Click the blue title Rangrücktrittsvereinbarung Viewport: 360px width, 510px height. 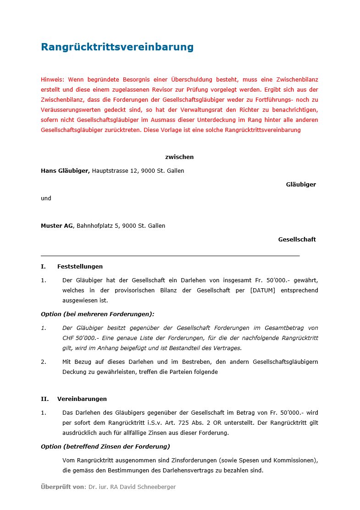[117, 47]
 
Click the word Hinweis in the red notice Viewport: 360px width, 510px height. [52, 79]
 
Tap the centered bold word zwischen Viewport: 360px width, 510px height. [179, 157]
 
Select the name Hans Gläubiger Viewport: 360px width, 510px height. [65, 171]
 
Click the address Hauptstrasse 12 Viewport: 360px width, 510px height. [116, 171]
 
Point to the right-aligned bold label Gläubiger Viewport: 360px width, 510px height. [301, 185]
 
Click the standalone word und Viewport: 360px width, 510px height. [46, 198]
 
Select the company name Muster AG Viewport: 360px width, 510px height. [57, 226]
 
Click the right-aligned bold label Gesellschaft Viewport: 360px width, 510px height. [297, 240]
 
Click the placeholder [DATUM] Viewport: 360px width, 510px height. [263, 291]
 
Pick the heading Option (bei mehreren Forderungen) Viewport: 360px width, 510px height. [98, 314]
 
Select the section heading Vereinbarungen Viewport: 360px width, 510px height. [82, 399]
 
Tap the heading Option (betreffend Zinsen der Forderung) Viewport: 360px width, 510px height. [105, 447]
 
